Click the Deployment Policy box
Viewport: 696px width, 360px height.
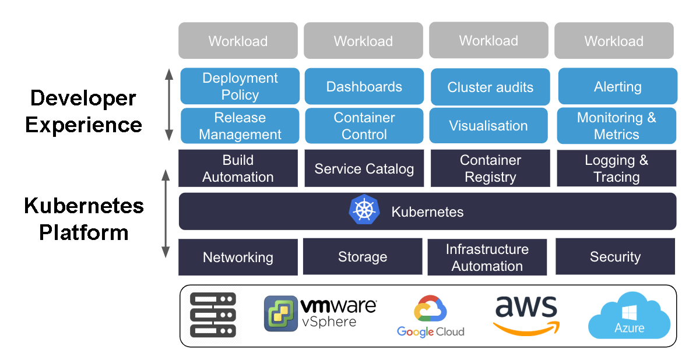tap(240, 86)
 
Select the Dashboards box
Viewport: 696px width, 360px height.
tap(364, 87)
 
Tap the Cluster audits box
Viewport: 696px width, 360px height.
tap(490, 87)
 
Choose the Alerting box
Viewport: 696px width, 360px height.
tap(617, 87)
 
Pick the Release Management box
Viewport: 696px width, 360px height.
tap(240, 126)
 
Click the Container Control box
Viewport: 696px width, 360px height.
tap(364, 126)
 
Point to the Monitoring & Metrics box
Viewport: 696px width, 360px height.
tap(616, 126)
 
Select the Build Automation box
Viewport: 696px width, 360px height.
tap(238, 168)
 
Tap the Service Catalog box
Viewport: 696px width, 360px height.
tap(364, 169)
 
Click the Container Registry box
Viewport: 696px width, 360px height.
tap(490, 168)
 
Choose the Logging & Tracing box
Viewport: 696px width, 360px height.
tap(616, 168)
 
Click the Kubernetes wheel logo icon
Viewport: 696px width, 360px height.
tap(364, 210)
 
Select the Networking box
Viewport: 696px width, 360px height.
tap(238, 257)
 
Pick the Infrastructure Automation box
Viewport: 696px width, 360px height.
tap(487, 257)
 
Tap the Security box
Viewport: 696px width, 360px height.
tap(615, 257)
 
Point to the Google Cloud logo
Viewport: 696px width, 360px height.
tap(430, 316)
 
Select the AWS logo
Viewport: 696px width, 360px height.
tap(526, 315)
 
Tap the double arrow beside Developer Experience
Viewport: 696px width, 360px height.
tap(169, 105)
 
